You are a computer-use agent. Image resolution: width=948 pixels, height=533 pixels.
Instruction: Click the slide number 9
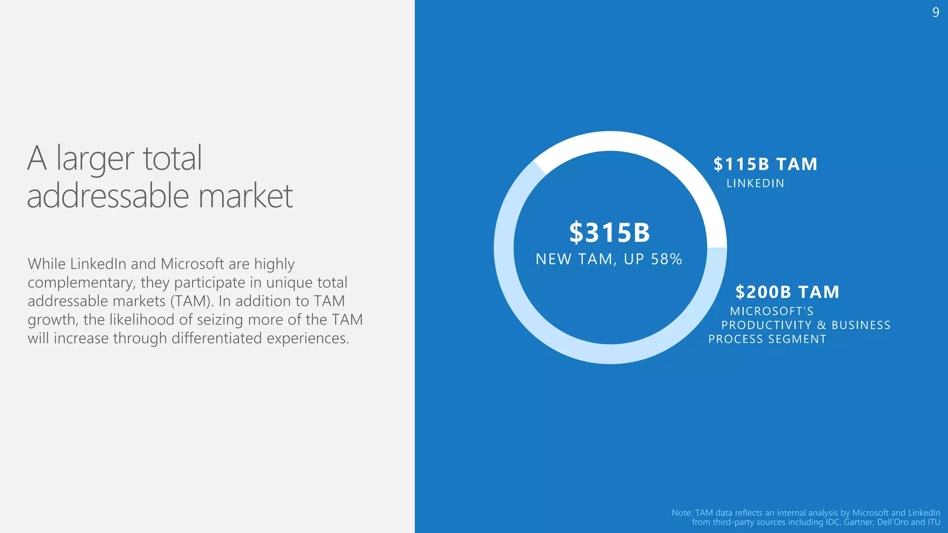(936, 12)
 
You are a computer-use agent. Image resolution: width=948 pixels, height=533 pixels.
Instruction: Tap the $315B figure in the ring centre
(610, 232)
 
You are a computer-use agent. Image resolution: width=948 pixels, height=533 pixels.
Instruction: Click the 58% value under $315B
(667, 259)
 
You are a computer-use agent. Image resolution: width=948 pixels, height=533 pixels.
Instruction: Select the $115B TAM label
(765, 164)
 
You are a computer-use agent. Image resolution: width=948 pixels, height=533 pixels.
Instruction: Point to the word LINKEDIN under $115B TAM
(755, 184)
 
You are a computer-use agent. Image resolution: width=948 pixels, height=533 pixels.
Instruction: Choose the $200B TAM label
(787, 292)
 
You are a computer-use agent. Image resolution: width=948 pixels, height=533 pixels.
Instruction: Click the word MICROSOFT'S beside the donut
(772, 311)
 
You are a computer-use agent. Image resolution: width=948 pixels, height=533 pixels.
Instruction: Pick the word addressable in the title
(108, 196)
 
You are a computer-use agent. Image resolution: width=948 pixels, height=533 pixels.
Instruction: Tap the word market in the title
(246, 196)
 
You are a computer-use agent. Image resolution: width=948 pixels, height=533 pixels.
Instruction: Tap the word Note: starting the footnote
(682, 513)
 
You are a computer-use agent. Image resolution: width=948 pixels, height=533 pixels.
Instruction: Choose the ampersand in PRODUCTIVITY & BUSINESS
(822, 325)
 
